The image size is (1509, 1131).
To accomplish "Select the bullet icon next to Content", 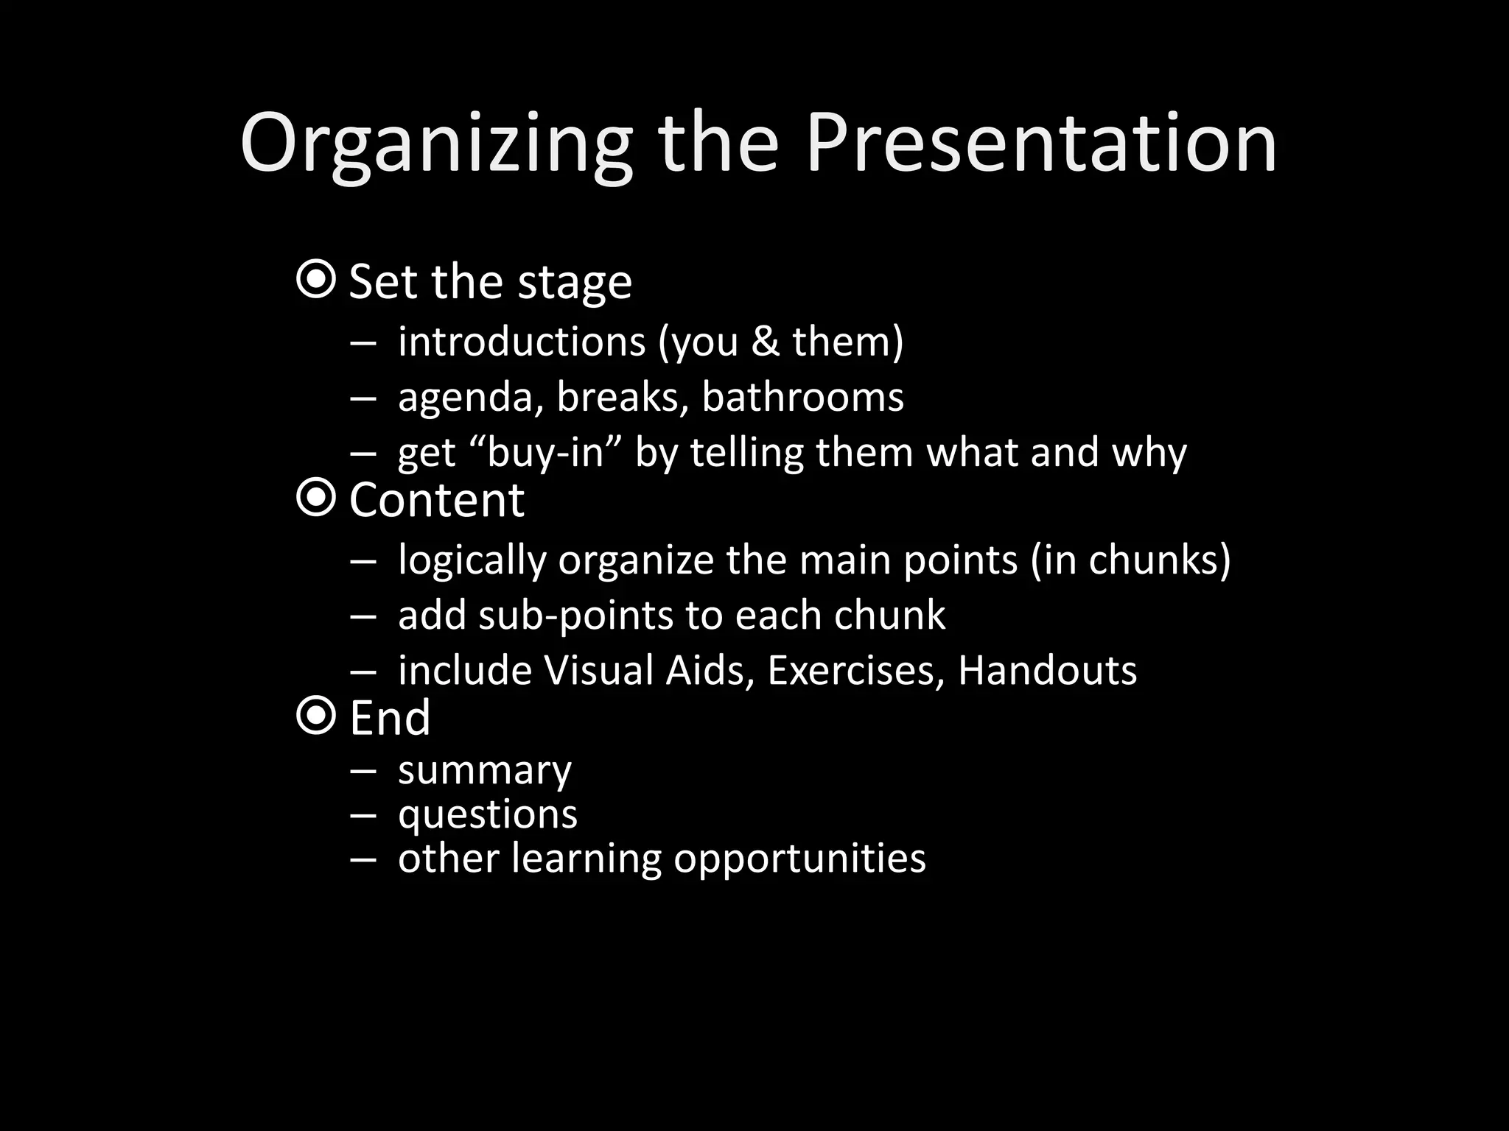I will click(x=316, y=498).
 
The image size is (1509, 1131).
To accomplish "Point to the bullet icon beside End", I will click(x=316, y=715).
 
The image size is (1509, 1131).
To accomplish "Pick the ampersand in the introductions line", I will click(x=766, y=342).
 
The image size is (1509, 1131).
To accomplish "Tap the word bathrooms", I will click(x=802, y=397).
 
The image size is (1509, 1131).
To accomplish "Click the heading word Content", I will click(x=436, y=500).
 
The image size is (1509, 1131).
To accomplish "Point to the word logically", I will click(x=472, y=561).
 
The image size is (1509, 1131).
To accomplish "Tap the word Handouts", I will click(x=1047, y=670).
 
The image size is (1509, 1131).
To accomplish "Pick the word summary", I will click(x=485, y=772).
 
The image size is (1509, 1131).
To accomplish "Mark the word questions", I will click(x=488, y=815).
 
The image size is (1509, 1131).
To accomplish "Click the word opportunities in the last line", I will click(x=799, y=859).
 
